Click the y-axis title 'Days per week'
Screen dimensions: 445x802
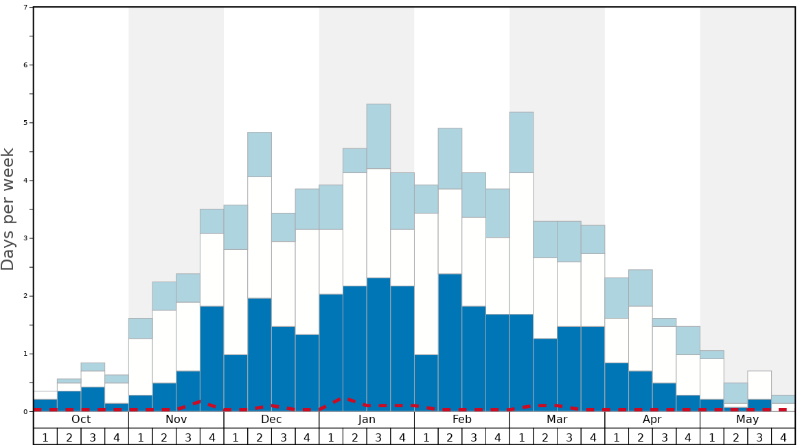click(8, 209)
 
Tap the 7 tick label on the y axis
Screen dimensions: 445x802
click(25, 8)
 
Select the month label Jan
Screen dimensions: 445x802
click(367, 420)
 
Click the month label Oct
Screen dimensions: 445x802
click(81, 420)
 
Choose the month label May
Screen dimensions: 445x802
click(747, 420)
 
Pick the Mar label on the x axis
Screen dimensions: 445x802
click(557, 420)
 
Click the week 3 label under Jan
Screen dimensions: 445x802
click(378, 437)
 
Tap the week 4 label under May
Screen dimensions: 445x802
click(783, 437)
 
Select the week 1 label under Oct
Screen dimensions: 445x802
click(45, 437)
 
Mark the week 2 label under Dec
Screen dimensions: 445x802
click(260, 437)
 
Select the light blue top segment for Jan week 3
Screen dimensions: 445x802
click(378, 136)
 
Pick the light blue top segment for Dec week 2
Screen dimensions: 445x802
click(260, 155)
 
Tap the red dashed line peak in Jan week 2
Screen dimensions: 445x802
click(349, 399)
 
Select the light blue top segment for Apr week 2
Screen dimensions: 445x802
click(640, 288)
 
